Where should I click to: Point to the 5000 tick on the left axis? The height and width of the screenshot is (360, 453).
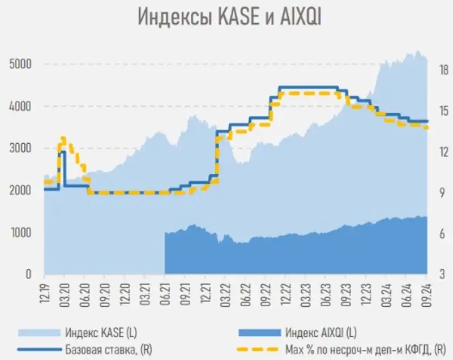coord(20,64)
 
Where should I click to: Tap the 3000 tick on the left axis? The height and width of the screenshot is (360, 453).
coord(20,148)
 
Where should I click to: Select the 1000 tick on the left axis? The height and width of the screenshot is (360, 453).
coord(20,232)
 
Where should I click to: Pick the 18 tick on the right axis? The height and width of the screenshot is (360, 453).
coord(439,69)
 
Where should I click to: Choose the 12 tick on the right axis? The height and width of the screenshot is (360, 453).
coord(439,152)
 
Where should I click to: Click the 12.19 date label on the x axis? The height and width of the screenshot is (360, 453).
coord(44,292)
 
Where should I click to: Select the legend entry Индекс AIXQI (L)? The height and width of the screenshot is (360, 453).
coord(320,331)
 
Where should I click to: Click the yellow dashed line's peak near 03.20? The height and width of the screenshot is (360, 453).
coord(63,138)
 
